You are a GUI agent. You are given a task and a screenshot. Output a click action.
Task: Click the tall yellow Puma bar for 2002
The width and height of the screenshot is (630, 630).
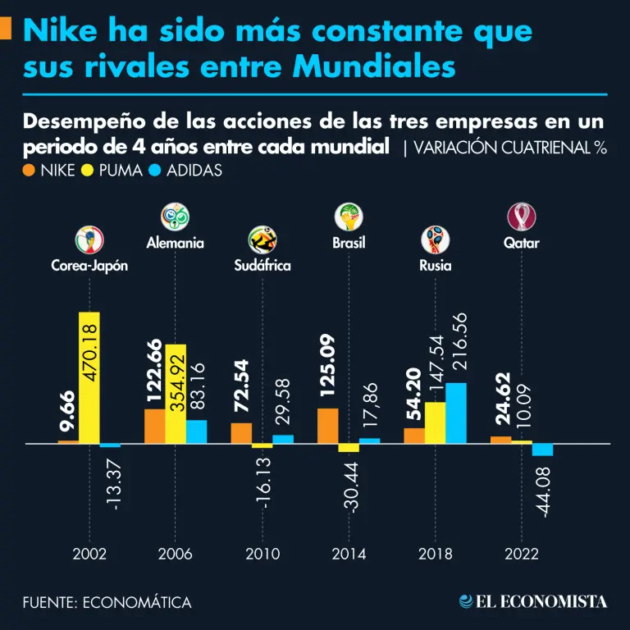(x=89, y=377)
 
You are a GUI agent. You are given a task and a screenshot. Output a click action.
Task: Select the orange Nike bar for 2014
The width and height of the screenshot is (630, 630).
(x=327, y=426)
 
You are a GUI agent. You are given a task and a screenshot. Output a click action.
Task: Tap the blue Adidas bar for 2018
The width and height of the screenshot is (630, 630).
(x=456, y=413)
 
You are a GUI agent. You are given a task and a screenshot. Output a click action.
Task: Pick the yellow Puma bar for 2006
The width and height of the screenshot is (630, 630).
(x=176, y=394)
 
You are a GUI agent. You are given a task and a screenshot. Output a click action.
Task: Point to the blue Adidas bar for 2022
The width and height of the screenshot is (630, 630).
(x=542, y=450)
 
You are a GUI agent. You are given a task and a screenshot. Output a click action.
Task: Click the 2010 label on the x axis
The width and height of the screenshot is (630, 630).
(x=262, y=554)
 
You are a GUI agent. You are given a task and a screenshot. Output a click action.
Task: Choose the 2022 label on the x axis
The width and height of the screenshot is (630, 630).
(x=522, y=554)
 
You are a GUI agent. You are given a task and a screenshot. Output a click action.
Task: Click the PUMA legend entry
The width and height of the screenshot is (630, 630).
(x=116, y=171)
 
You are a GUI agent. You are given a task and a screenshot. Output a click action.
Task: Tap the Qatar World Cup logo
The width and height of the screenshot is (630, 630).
(x=522, y=217)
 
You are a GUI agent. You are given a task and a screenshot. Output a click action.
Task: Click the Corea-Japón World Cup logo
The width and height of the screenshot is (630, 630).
(x=89, y=240)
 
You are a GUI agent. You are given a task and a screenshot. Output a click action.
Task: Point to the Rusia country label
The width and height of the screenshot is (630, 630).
(x=435, y=266)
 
